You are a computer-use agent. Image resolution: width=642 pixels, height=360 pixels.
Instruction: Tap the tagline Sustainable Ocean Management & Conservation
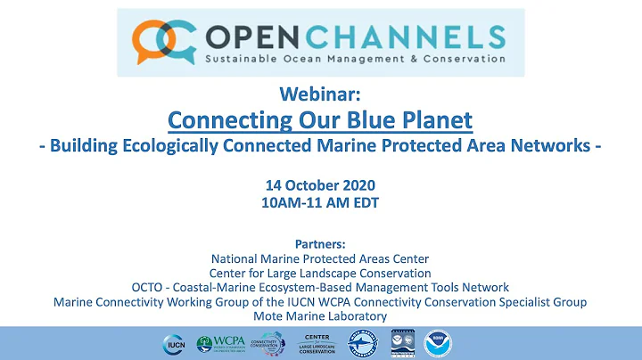[x=338, y=61]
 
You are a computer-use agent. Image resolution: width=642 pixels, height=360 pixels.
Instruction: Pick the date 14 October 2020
[x=320, y=185]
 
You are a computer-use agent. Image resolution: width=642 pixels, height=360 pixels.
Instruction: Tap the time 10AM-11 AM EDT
[x=320, y=202]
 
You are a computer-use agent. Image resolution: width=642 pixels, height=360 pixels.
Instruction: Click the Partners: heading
[x=320, y=242]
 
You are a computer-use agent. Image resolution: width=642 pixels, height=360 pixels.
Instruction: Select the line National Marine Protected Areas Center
[x=320, y=258]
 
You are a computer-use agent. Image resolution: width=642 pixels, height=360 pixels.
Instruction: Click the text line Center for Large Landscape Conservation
[x=320, y=273]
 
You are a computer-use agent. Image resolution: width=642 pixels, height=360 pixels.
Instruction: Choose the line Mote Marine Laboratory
[x=320, y=316]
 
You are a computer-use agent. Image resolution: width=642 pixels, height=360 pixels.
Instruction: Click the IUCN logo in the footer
[x=174, y=343]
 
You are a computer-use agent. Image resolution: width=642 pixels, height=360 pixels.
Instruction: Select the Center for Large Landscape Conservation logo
[x=317, y=343]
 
